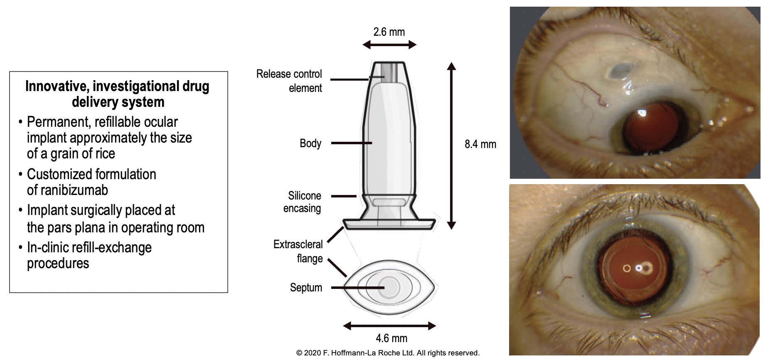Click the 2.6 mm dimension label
389,32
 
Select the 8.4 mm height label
480,145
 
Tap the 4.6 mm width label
391,338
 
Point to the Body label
310,143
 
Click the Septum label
306,288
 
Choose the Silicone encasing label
303,202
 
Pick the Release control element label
290,81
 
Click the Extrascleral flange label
298,251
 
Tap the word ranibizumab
67,190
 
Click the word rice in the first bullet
104,154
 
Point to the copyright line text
388,353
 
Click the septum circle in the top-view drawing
389,287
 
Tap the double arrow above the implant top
389,45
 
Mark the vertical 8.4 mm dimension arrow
451,145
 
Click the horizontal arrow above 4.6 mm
389,326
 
